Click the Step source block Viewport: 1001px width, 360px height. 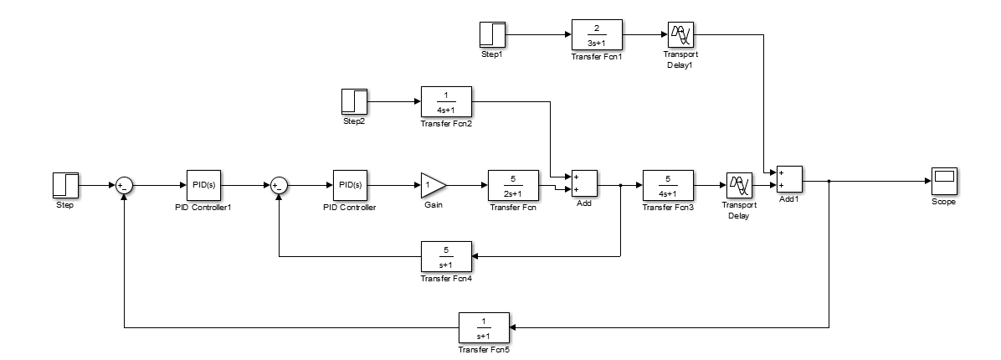pyautogui.click(x=65, y=184)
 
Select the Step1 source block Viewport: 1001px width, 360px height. pyautogui.click(x=492, y=35)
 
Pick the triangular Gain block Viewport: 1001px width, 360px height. pyautogui.click(x=433, y=184)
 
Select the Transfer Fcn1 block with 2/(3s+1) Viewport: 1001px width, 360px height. pyautogui.click(x=596, y=35)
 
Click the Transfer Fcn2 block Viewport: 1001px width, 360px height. pyautogui.click(x=445, y=101)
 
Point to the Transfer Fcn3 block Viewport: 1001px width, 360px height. pyautogui.click(x=667, y=184)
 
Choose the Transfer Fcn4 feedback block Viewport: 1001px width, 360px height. pyautogui.click(x=445, y=255)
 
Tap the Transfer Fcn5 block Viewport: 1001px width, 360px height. pyautogui.click(x=483, y=326)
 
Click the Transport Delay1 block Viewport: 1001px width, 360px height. pyautogui.click(x=680, y=35)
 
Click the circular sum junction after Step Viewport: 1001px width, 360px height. pyautogui.click(x=124, y=185)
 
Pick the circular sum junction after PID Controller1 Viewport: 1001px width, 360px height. pyautogui.click(x=279, y=185)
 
